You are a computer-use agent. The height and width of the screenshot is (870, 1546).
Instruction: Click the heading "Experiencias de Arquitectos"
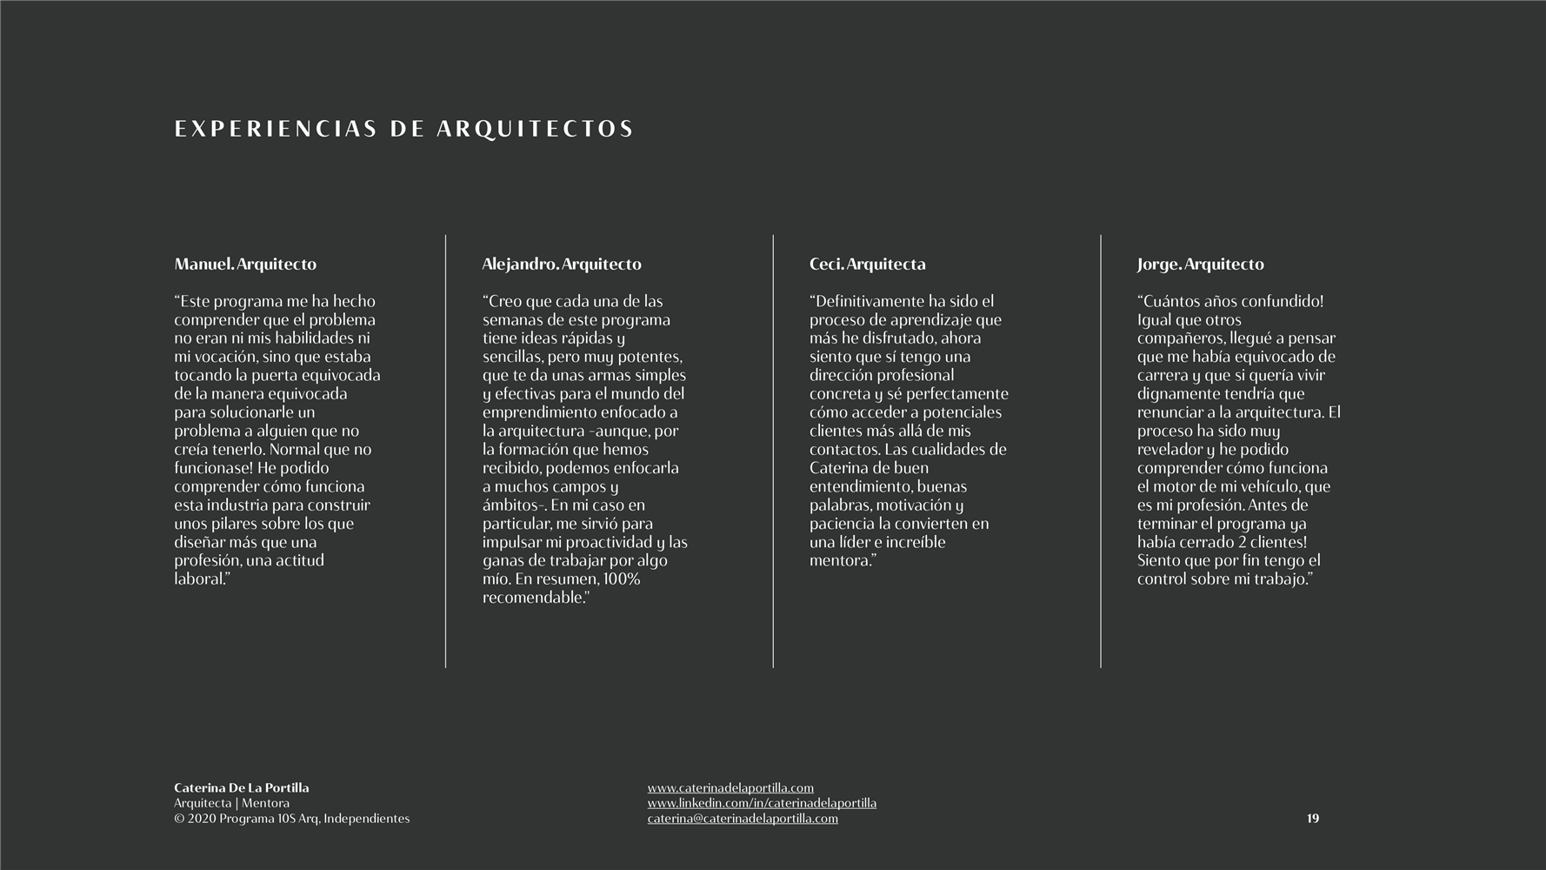click(403, 130)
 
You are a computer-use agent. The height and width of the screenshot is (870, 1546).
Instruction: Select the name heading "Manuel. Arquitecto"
click(245, 264)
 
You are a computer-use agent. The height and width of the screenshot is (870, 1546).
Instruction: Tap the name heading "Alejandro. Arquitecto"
click(562, 264)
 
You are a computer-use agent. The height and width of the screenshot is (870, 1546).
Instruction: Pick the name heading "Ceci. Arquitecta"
click(867, 264)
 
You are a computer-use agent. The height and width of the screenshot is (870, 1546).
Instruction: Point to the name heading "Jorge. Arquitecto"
click(1200, 264)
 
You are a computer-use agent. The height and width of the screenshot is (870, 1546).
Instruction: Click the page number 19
click(1312, 819)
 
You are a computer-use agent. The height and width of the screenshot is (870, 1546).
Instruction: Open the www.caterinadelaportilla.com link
click(730, 788)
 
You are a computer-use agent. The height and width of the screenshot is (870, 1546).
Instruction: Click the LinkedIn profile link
click(762, 803)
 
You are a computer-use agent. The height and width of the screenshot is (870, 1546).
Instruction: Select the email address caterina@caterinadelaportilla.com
click(743, 819)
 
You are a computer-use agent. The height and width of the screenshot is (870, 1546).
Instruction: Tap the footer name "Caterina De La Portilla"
click(242, 788)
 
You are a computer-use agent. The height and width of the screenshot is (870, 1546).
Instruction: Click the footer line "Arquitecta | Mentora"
click(231, 803)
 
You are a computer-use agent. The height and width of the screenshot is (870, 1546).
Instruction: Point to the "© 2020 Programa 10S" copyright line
click(291, 819)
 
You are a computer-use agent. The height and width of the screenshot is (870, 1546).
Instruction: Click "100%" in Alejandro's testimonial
click(621, 579)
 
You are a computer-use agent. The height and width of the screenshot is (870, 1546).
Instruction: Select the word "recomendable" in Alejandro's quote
click(533, 598)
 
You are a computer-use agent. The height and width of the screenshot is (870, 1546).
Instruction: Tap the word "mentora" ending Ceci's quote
click(839, 561)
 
